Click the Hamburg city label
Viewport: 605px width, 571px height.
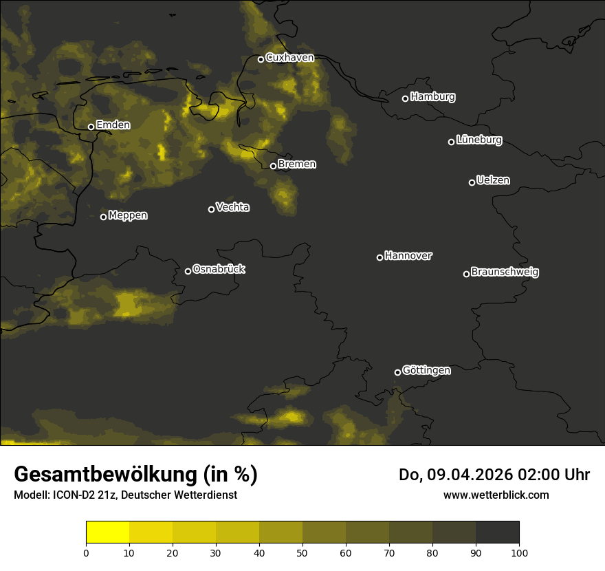click(432, 97)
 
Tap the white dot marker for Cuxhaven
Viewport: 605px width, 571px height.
click(261, 59)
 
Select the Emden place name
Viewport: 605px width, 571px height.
click(113, 125)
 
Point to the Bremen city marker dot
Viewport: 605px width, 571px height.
click(273, 166)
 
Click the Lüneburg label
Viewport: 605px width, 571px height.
click(478, 140)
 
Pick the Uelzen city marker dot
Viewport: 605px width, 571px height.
click(472, 182)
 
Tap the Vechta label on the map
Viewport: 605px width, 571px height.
click(232, 207)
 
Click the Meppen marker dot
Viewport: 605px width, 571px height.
click(103, 217)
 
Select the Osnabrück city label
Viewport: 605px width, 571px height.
click(219, 269)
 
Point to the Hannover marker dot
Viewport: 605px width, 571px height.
click(379, 257)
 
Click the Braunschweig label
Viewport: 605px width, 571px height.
click(505, 272)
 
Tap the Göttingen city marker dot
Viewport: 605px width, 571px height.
click(397, 372)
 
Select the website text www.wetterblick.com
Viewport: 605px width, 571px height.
click(496, 495)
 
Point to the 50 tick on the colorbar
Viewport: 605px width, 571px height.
click(302, 552)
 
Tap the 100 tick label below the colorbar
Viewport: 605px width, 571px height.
click(519, 552)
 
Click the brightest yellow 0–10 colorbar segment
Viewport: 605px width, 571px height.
click(108, 532)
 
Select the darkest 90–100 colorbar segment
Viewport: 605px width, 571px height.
click(497, 532)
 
